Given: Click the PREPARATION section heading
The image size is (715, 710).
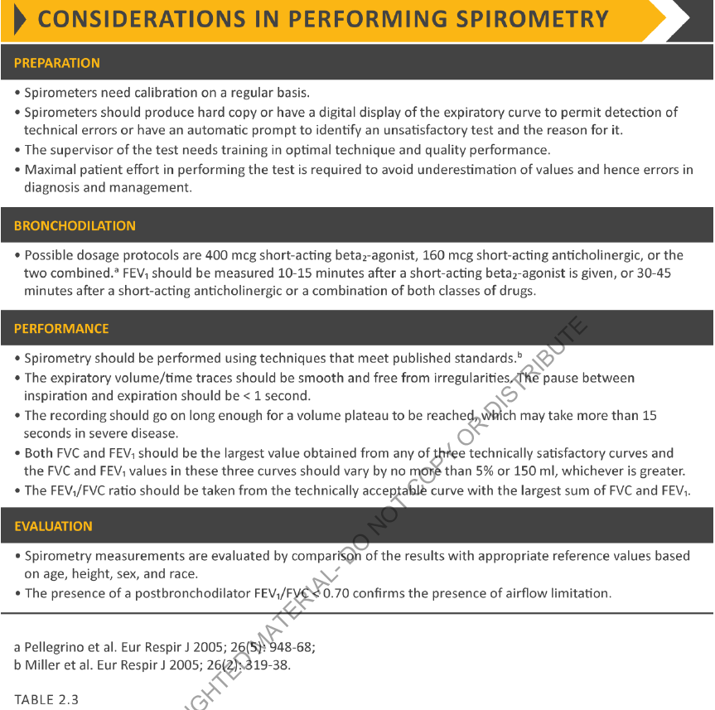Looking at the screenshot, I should [56, 63].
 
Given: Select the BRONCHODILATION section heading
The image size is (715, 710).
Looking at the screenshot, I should [75, 225].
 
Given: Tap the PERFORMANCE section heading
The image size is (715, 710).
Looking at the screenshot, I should [61, 329].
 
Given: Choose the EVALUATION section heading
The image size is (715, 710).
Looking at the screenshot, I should [53, 526].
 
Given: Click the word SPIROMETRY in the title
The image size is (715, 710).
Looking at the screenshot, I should [539, 19].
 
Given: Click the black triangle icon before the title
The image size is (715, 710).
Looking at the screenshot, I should [18, 19].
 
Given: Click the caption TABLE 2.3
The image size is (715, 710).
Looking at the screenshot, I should [46, 699].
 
